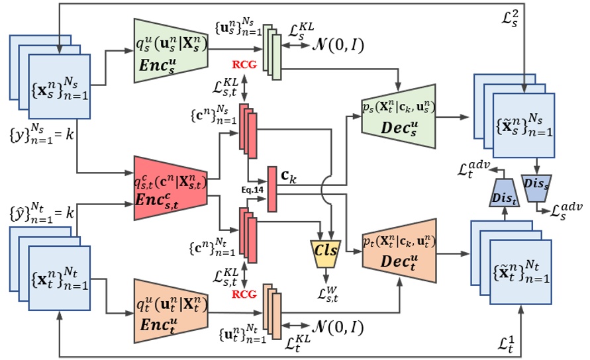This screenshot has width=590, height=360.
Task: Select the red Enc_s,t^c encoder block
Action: pos(172,187)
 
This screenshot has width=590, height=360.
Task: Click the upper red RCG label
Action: pos(244,66)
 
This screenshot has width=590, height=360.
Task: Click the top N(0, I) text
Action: pos(337,45)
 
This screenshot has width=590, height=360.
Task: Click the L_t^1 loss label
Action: pos(511,344)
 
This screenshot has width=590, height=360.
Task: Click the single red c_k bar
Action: pos(271,189)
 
